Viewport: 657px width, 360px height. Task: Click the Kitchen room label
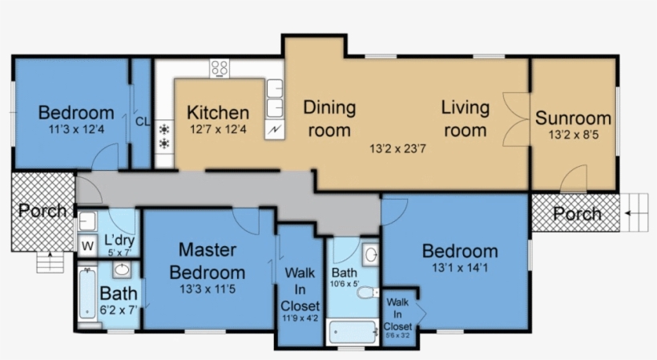pos(218,113)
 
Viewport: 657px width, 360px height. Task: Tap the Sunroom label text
pos(573,118)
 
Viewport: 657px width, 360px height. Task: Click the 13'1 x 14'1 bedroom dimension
pos(459,269)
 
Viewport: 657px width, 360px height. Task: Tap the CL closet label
pos(143,122)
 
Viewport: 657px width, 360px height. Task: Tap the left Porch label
pos(42,212)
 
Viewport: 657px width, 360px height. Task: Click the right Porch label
pos(577,214)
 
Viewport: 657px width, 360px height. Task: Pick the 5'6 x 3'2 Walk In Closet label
pos(397,316)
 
